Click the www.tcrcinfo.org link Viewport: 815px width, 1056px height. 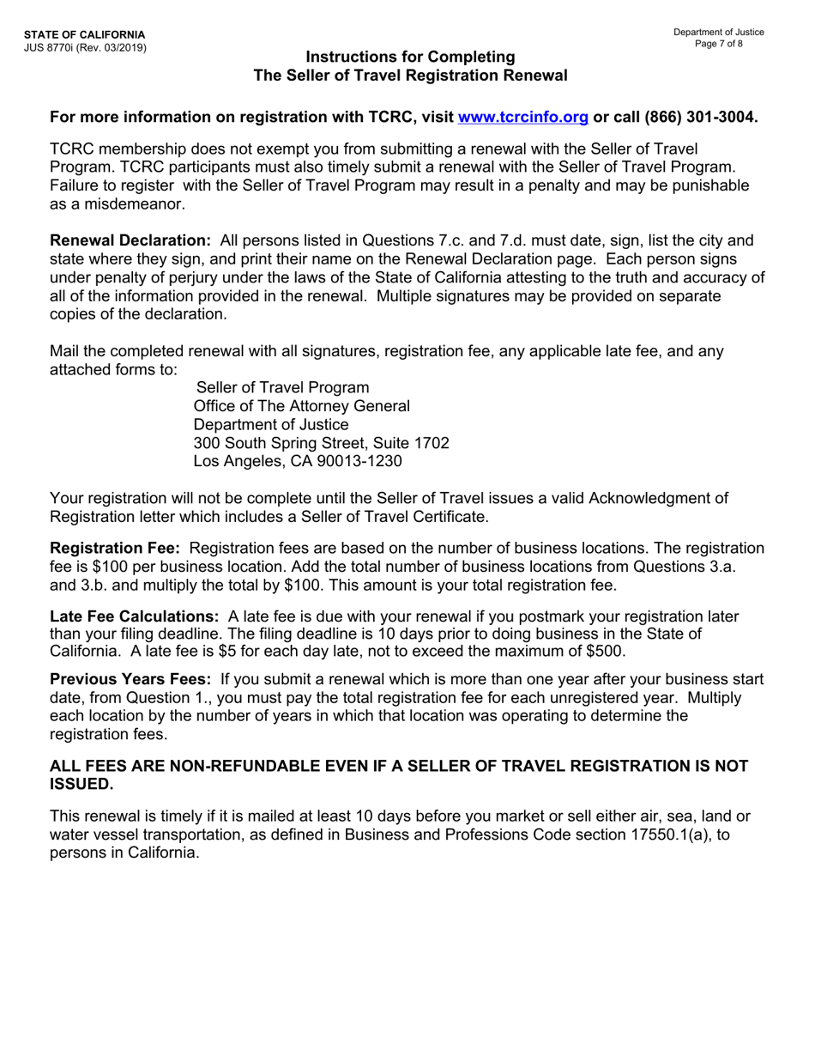point(523,118)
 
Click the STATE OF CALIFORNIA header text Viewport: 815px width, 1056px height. point(73,34)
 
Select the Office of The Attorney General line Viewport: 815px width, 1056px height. point(302,405)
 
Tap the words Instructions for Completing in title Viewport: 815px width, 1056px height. point(410,58)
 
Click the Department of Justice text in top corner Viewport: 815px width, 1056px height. point(719,32)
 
